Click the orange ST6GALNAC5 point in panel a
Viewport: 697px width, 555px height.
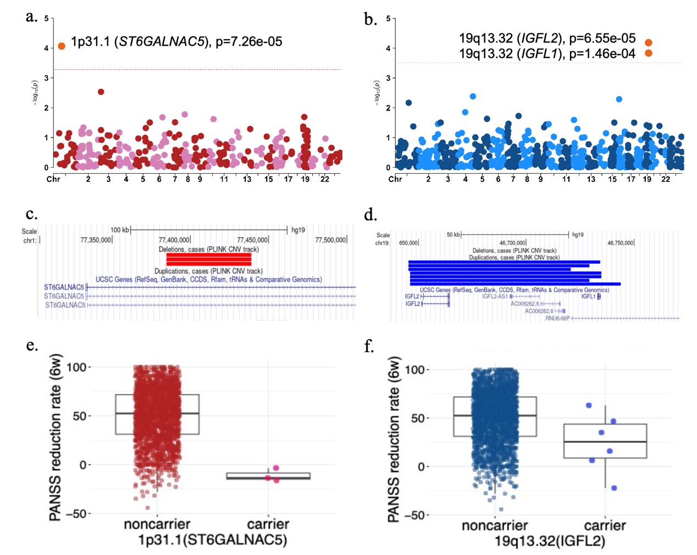(62, 46)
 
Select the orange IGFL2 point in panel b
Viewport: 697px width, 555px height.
(649, 42)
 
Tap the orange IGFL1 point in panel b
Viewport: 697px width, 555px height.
(649, 53)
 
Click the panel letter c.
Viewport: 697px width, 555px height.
(31, 214)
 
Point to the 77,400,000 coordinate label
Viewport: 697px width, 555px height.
(174, 240)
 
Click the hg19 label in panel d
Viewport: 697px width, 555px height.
(578, 235)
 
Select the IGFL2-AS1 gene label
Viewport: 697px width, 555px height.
(495, 297)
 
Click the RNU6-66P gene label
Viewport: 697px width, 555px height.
(557, 319)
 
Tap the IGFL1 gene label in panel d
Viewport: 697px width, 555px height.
(588, 297)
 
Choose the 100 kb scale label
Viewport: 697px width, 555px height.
(120, 230)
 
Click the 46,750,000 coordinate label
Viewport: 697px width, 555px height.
(620, 243)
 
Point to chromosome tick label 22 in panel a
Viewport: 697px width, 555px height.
(325, 179)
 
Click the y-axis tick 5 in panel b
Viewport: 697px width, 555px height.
(388, 19)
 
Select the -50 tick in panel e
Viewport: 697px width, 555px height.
(76, 514)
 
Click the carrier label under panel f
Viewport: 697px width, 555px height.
(605, 526)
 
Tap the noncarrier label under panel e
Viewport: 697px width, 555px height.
(157, 524)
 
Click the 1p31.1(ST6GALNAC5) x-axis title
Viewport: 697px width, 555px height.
(212, 540)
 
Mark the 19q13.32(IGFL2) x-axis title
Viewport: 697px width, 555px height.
(550, 541)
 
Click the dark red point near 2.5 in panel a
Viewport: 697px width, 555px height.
(101, 92)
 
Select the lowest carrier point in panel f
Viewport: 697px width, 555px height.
(614, 488)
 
